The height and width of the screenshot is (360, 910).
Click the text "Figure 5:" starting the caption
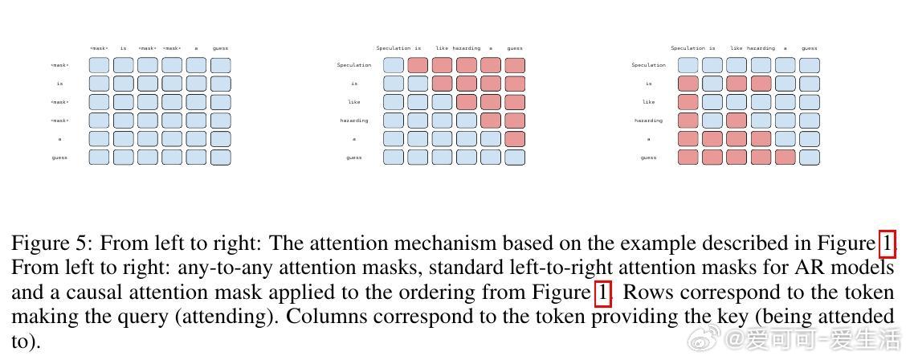point(51,243)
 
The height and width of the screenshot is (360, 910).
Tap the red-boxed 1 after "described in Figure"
point(887,243)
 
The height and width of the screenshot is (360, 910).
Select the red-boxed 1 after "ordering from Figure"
point(603,292)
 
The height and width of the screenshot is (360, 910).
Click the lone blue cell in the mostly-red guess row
point(810,157)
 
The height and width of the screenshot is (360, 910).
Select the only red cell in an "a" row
point(515,139)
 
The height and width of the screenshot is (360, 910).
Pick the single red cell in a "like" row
point(688,102)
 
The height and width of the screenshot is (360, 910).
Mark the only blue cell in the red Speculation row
point(394,65)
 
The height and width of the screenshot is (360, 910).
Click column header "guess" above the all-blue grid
point(220,48)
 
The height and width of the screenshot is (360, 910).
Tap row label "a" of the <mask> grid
point(59,139)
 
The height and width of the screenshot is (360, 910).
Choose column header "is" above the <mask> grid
point(123,48)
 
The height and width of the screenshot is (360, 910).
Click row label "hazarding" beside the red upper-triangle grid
point(354,121)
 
